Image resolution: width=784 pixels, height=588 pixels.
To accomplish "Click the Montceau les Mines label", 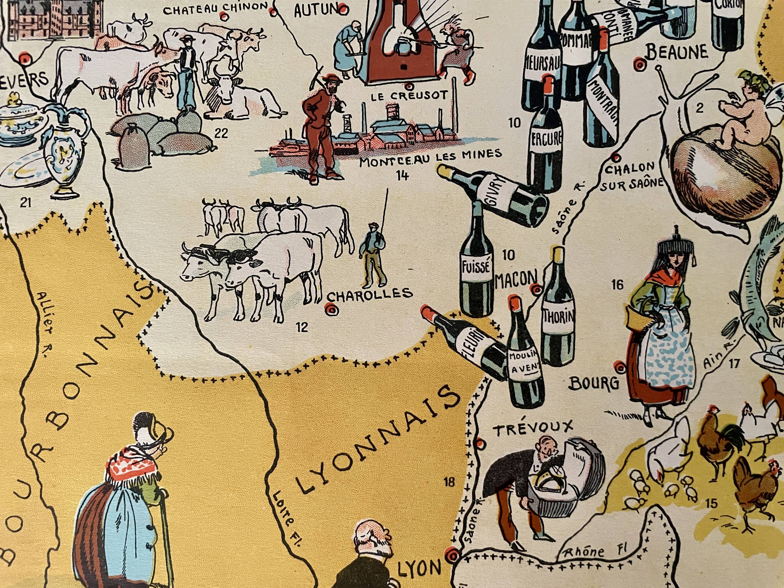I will pos(431,158).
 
